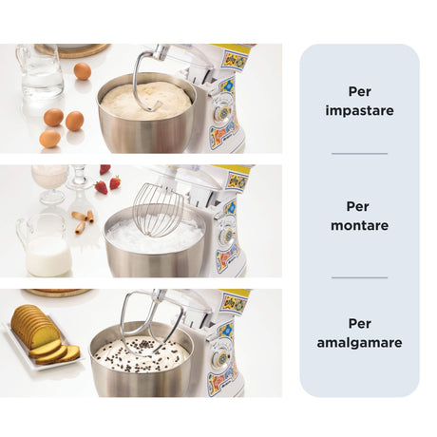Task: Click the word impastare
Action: [359, 110]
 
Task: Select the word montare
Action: [359, 226]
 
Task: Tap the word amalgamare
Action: [359, 342]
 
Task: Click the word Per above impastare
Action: [359, 92]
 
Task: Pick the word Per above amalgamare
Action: [359, 324]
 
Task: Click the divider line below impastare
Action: [359, 153]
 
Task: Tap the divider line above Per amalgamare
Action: [359, 278]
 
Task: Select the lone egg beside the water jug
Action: [83, 71]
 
